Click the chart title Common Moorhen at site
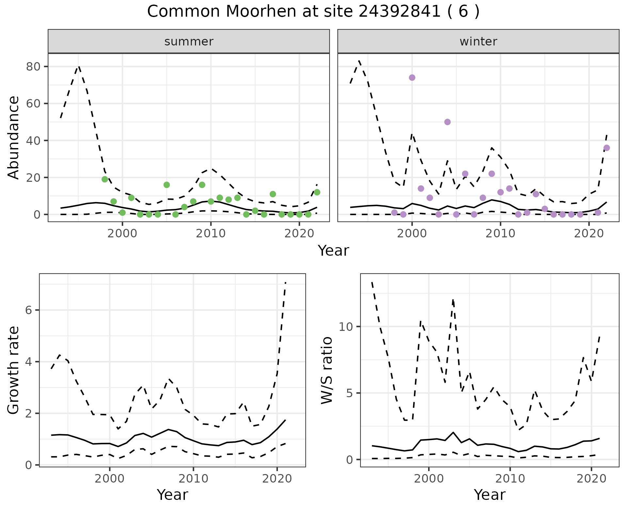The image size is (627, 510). [x=313, y=12]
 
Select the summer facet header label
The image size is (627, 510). [x=189, y=42]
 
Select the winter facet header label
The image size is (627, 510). [x=478, y=42]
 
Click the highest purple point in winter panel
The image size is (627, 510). [x=412, y=77]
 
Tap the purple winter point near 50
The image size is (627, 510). [x=447, y=122]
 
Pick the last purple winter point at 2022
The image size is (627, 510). [x=606, y=148]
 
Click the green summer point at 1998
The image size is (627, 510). [x=105, y=179]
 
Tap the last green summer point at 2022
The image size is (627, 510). [x=317, y=192]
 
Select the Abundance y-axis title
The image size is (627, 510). [x=14, y=137]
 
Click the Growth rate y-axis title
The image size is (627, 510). [x=14, y=370]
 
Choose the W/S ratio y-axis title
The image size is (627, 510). [x=327, y=370]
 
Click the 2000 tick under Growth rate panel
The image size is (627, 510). [x=110, y=479]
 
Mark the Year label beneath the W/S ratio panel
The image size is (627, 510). [x=490, y=495]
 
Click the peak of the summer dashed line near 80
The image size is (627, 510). [x=79, y=66]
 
